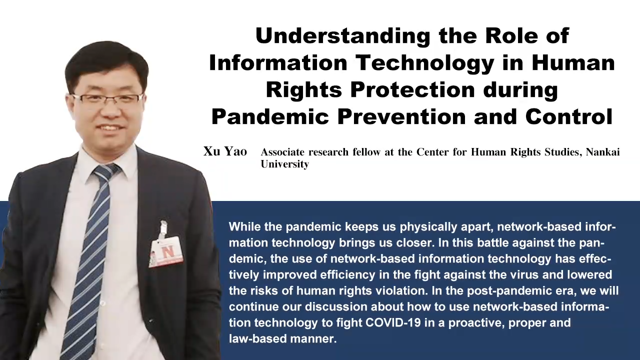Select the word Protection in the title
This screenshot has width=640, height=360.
coord(412,89)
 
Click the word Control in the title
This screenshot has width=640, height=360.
coord(569,116)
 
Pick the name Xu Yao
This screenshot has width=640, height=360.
coord(225,151)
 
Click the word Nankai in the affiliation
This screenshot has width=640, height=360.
coord(603,151)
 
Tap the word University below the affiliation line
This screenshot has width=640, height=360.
coord(284,164)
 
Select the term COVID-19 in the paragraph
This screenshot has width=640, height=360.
coord(393,322)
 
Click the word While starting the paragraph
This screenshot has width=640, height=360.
coord(244,226)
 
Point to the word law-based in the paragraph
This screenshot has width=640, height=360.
coord(257,338)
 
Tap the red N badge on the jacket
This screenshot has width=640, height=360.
coord(166,253)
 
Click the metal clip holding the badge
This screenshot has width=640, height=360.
coord(163,228)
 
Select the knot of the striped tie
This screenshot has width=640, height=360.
coord(105,173)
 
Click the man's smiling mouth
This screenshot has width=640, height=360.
coord(110,127)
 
